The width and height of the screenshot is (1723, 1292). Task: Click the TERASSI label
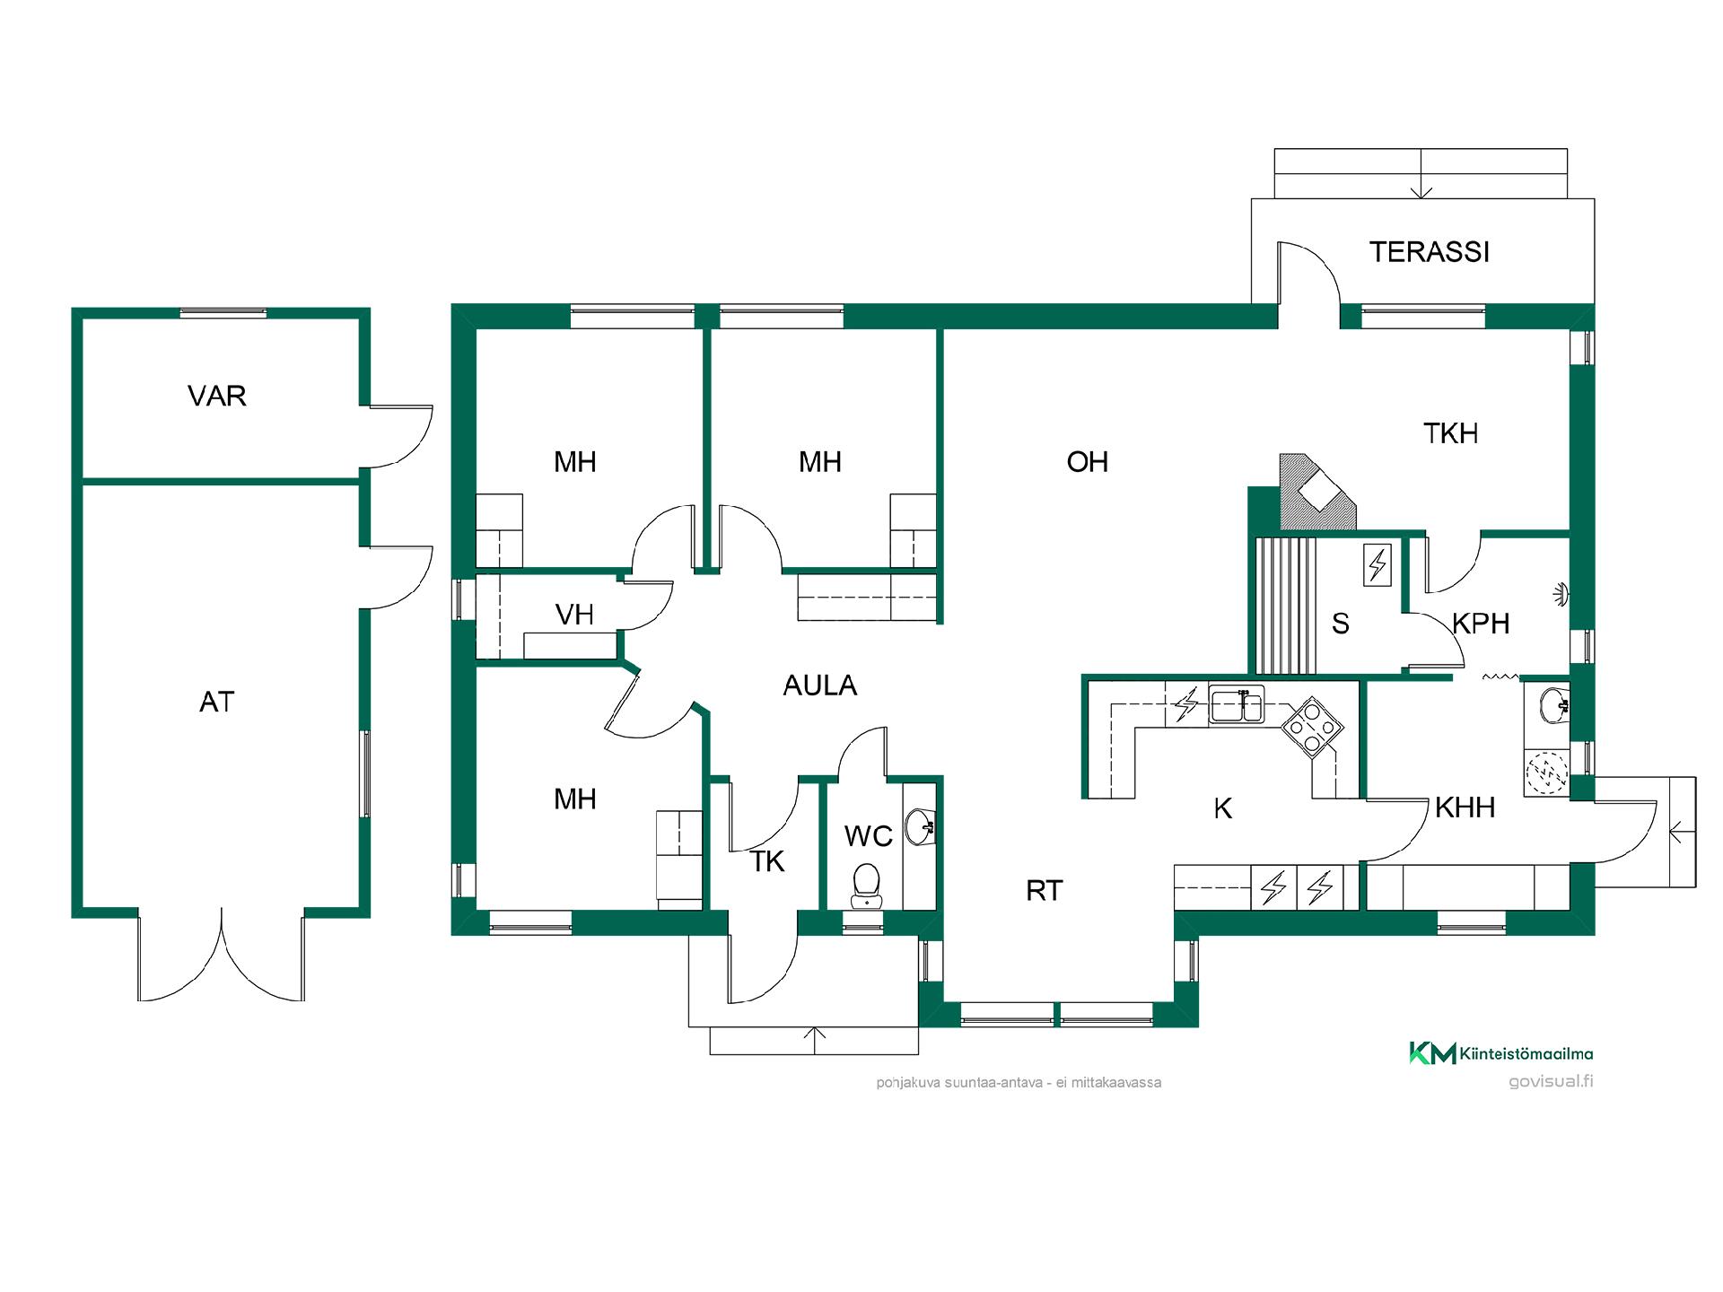(1429, 252)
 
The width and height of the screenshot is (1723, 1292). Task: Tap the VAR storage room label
(216, 396)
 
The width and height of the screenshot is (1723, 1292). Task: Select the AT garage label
(216, 702)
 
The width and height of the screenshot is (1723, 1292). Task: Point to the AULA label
(819, 685)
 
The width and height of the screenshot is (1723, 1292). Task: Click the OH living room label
(1087, 462)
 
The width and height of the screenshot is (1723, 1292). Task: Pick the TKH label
(1450, 433)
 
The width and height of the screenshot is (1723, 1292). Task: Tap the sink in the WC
(920, 825)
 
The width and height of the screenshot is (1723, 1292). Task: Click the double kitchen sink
(1237, 704)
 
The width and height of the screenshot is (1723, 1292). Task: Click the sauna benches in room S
(1286, 606)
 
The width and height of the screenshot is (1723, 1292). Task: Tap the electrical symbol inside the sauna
(1377, 565)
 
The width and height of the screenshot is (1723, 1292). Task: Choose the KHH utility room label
(1465, 807)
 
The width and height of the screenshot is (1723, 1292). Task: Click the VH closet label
(574, 615)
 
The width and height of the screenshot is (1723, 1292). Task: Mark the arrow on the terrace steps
(1421, 190)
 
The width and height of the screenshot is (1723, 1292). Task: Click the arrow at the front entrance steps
(814, 1037)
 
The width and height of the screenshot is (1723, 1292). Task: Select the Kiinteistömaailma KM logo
(1432, 1053)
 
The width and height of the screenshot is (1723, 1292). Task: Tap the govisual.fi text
(1551, 1081)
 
